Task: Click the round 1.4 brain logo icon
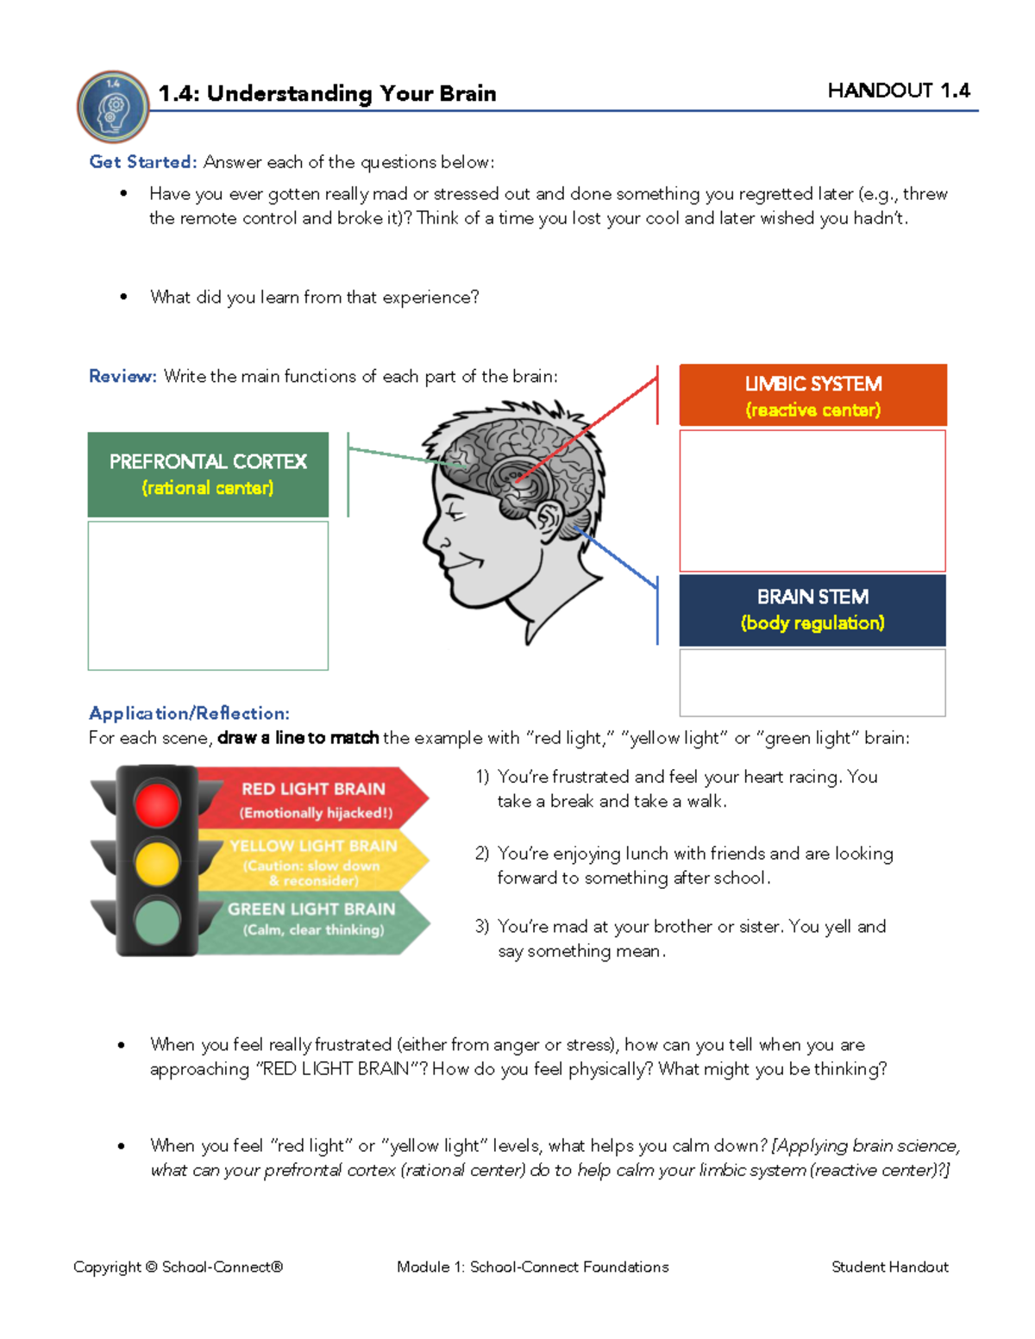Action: [x=113, y=107]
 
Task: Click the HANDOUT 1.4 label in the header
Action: [x=898, y=91]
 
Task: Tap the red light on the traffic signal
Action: [x=157, y=804]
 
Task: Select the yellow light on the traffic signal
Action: [x=157, y=862]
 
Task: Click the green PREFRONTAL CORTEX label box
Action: [x=208, y=474]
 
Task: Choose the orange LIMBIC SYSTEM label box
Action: [x=812, y=396]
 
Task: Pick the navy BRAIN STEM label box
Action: [x=812, y=610]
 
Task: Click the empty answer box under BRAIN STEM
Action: [x=812, y=682]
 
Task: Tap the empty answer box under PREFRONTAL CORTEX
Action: [x=208, y=595]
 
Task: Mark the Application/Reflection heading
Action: [x=189, y=713]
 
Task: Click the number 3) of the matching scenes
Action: [x=482, y=927]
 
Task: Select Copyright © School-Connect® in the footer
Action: [x=178, y=1267]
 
